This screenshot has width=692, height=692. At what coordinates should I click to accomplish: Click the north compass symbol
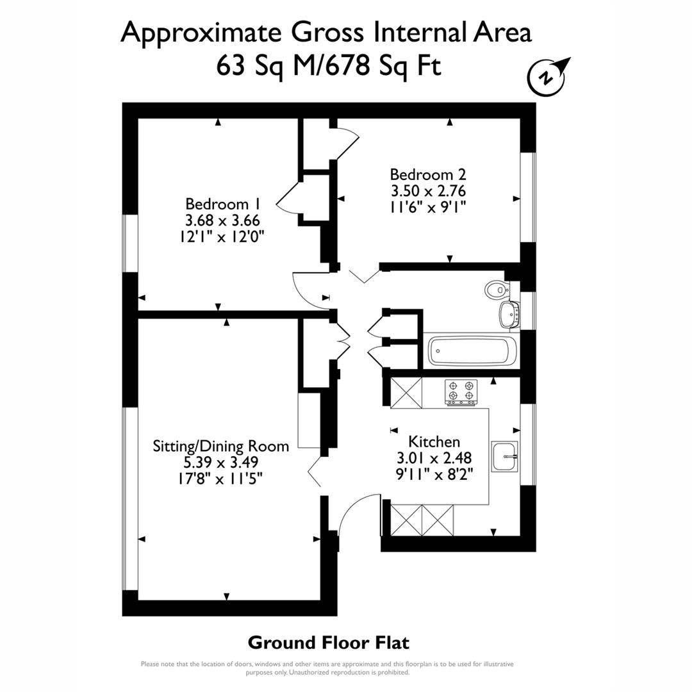546,76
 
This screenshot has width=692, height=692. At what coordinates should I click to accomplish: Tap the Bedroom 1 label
222,204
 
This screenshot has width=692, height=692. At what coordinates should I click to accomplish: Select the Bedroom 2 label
428,174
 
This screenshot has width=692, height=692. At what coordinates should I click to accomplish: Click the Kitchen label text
434,441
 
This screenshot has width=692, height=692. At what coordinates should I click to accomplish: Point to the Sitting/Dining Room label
220,445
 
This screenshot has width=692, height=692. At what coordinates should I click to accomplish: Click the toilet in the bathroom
495,290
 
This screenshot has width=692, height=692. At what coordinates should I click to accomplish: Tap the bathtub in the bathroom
472,350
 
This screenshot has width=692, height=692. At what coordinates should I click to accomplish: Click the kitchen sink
505,456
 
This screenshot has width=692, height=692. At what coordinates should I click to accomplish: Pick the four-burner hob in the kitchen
461,392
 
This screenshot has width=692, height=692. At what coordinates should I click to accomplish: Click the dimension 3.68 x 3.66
222,220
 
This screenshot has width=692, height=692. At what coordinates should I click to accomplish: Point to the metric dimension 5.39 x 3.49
220,461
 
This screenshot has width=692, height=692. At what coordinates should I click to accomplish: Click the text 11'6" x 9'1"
428,206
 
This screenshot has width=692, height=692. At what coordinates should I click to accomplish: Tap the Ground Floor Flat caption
328,642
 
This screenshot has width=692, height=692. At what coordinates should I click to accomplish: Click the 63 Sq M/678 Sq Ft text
329,66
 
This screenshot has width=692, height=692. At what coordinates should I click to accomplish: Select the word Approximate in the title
201,32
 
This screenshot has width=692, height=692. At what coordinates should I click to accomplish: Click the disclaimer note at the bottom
327,668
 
